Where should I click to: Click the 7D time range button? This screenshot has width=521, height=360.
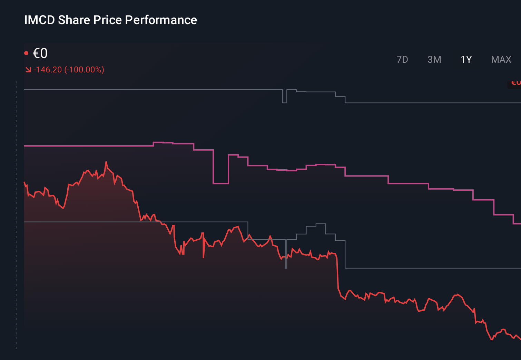tap(402, 60)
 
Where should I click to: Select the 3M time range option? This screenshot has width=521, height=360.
tap(434, 60)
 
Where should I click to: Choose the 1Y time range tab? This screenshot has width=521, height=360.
tap(466, 60)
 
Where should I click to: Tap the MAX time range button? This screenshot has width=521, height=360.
tap(501, 60)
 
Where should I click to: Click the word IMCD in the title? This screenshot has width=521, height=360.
tap(39, 20)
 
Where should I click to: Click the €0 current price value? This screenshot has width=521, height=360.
tap(40, 53)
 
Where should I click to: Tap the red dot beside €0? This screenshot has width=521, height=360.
tap(26, 53)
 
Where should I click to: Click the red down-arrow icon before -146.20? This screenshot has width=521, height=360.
tap(28, 70)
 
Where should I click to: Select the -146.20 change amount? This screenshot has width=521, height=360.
tap(48, 70)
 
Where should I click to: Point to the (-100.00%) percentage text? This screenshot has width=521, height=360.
tap(84, 70)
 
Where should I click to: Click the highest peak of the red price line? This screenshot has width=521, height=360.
tap(106, 162)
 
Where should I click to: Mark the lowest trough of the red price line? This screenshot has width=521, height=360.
tap(492, 340)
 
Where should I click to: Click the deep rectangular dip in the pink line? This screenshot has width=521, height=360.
tap(221, 183)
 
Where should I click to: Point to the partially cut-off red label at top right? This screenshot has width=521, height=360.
tap(515, 83)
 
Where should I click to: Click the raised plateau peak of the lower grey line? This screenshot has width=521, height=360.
tap(321, 224)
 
